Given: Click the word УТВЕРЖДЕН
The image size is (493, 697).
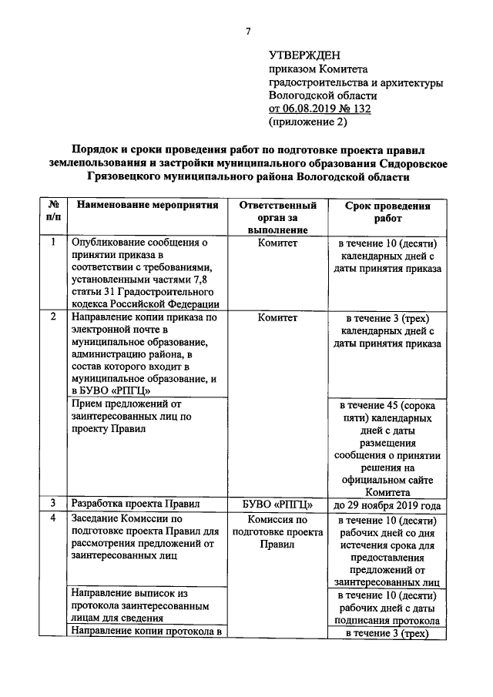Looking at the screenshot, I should tap(304, 55).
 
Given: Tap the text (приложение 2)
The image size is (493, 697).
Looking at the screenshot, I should tap(307, 122).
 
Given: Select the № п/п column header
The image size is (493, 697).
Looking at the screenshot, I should tap(52, 212).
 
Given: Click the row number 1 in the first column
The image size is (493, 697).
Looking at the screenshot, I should tap(52, 243).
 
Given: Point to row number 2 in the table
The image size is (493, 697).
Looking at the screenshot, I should tap(52, 317).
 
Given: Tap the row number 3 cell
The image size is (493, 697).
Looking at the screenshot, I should tap(52, 504).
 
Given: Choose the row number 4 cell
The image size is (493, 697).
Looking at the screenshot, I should tap(52, 519).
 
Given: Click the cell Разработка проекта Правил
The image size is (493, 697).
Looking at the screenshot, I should tap(135, 504).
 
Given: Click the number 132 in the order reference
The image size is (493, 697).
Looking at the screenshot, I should tap(358, 109).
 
